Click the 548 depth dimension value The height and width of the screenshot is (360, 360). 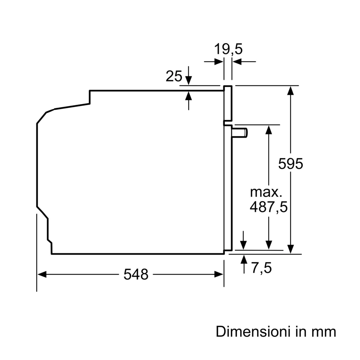pyautogui.click(x=136, y=275)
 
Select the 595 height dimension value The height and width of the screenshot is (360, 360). pyautogui.click(x=291, y=164)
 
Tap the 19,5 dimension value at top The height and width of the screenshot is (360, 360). pyautogui.click(x=228, y=49)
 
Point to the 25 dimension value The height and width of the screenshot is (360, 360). pyautogui.click(x=174, y=76)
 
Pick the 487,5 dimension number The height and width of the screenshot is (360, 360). pyautogui.click(x=269, y=208)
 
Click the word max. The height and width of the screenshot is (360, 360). pyautogui.click(x=266, y=192)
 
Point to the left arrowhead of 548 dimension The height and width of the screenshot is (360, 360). pyautogui.click(x=42, y=274)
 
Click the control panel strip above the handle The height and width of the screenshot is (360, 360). pyautogui.click(x=228, y=104)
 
